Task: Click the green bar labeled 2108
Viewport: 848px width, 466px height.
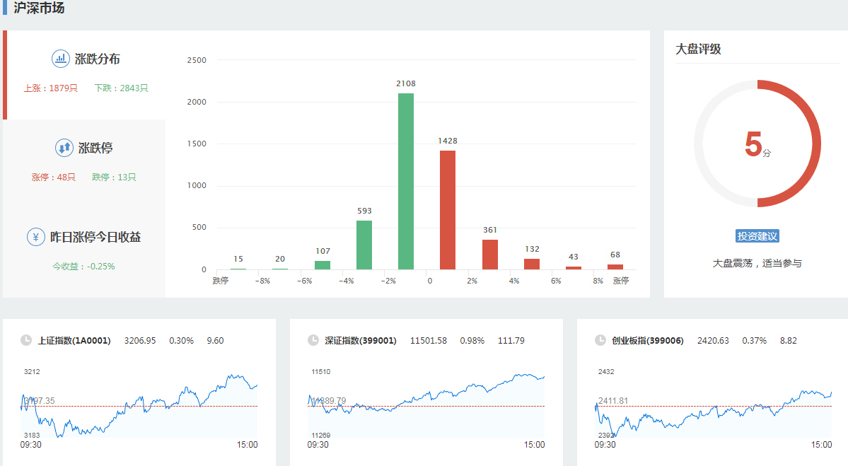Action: point(406,181)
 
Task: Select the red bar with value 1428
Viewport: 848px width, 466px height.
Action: point(448,210)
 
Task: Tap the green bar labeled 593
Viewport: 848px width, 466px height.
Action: point(364,245)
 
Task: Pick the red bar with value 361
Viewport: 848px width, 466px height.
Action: point(490,255)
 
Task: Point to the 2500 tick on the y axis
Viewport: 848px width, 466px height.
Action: point(197,60)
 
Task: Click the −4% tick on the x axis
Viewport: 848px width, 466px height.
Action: point(347,281)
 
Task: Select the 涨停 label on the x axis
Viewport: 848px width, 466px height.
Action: point(620,281)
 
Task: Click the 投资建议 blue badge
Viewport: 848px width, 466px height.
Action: point(757,236)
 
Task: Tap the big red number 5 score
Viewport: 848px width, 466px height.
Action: point(753,144)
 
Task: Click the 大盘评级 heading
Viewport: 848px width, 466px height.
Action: point(698,49)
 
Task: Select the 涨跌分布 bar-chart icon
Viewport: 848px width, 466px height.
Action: point(61,59)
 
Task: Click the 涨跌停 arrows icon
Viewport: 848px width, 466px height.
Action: point(64,148)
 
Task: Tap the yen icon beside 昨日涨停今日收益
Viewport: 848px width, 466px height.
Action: point(36,237)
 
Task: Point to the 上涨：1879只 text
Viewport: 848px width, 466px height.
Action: point(50,88)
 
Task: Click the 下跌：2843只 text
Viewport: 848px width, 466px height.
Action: point(121,88)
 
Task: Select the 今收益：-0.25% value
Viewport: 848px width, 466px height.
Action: point(83,267)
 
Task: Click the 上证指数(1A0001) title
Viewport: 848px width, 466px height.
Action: point(74,341)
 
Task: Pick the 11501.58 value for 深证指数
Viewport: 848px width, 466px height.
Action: point(428,341)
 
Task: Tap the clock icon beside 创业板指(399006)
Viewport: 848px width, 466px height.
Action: point(600,341)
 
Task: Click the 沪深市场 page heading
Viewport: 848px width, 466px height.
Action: point(40,8)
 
